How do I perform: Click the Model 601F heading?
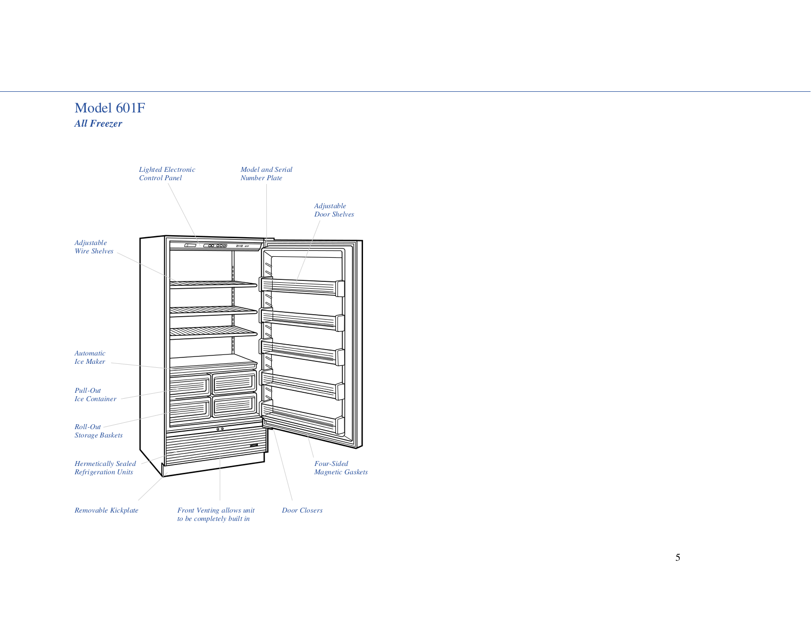110,108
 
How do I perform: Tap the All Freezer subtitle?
98,124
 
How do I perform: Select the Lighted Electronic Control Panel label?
167,173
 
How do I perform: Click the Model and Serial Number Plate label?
266,173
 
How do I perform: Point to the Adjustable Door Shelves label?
334,210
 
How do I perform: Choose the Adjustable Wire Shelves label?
94,246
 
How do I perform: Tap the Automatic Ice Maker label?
89,357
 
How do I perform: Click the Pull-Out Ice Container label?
95,394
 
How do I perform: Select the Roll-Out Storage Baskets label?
98,431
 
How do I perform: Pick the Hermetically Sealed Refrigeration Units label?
105,467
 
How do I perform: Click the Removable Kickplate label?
106,510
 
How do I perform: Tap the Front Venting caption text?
216,514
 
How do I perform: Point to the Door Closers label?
302,510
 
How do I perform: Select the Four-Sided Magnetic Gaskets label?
341,467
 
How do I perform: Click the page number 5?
678,557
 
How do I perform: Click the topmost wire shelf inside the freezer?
213,285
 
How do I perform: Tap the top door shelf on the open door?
302,287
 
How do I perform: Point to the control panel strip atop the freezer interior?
215,246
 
